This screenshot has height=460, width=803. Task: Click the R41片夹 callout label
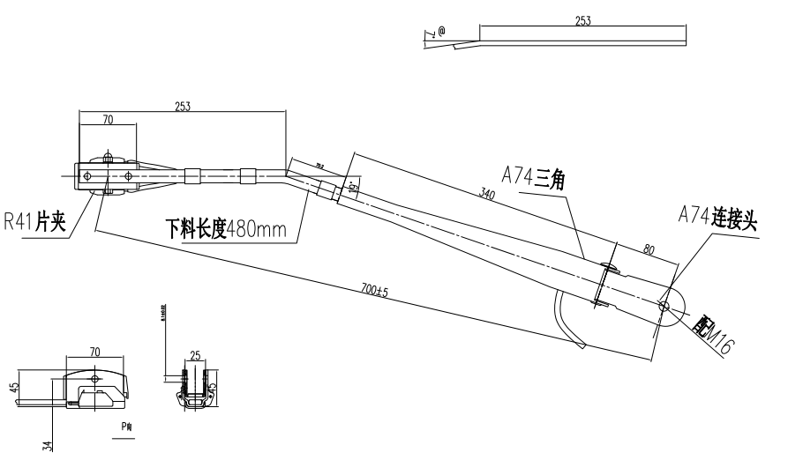click(x=35, y=220)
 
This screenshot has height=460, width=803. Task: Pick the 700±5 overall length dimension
click(x=375, y=290)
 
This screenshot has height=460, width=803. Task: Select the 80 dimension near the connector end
click(x=649, y=251)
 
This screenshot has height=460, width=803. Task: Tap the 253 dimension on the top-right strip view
click(x=582, y=20)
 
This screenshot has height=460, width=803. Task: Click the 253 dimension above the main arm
click(x=183, y=106)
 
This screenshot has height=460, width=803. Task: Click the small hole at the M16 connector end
click(x=664, y=306)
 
